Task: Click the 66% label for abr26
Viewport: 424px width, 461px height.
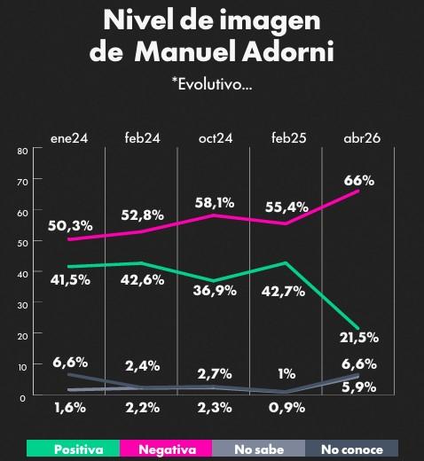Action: (359, 180)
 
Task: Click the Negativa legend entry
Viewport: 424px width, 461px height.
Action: (167, 449)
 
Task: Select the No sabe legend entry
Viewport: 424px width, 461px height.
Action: (257, 449)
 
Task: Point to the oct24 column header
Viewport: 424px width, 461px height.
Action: (216, 137)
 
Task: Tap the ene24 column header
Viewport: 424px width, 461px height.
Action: (68, 137)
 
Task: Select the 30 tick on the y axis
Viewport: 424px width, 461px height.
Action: (21, 303)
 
